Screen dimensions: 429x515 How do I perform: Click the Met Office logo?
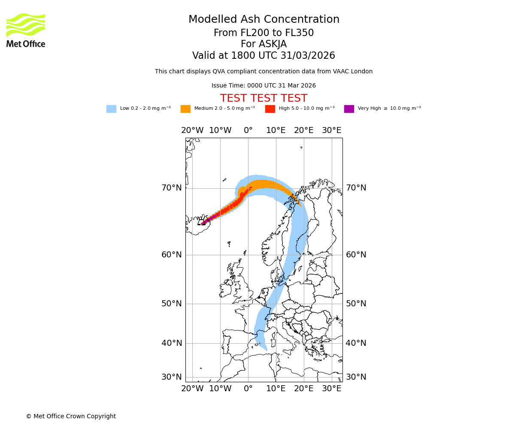pos(26,30)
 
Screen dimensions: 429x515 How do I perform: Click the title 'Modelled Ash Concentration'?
pos(264,20)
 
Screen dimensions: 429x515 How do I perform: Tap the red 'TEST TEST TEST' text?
pos(264,98)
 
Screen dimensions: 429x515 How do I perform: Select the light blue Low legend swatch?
pos(111,109)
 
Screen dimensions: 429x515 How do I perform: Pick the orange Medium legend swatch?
pos(185,109)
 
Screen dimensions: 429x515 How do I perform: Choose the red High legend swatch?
pos(270,109)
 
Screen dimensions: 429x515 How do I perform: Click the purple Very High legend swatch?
pos(349,109)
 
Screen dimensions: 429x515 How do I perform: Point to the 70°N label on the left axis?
pos(172,188)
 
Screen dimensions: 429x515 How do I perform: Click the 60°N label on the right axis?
pos(356,255)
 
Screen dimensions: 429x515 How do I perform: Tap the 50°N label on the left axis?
pos(172,304)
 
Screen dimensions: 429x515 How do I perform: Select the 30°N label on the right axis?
pos(356,377)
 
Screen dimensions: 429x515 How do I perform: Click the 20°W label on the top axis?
pos(192,130)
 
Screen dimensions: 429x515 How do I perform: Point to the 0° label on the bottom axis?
pos(248,389)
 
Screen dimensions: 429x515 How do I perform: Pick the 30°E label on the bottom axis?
pos(332,389)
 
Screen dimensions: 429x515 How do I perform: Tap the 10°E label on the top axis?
pos(276,130)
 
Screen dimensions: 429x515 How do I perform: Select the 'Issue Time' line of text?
pos(264,86)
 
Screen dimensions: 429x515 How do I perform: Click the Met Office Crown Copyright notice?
pos(71,417)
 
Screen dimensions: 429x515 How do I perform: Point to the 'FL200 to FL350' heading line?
pos(264,33)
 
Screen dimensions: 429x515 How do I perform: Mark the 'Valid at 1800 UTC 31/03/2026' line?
pos(264,56)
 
